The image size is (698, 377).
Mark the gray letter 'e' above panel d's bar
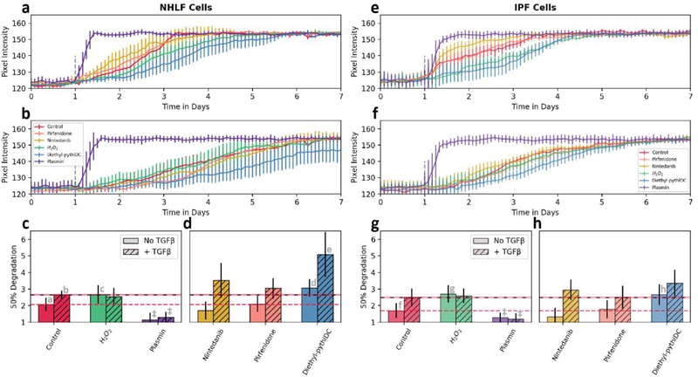(329, 250)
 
